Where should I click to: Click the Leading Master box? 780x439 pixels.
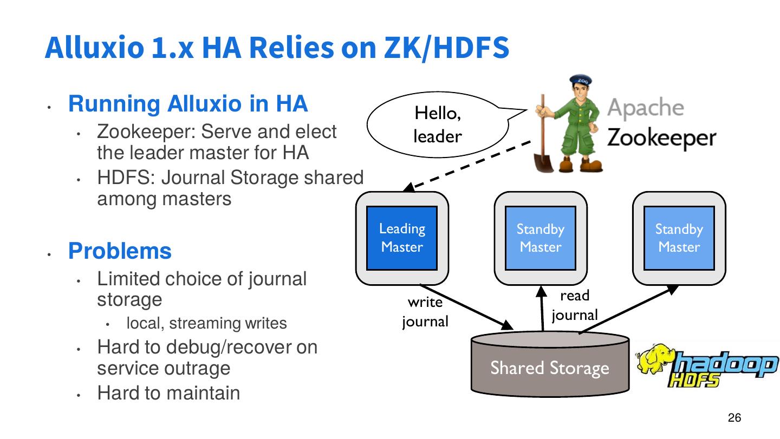pyautogui.click(x=402, y=238)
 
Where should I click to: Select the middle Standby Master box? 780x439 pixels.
pyautogui.click(x=540, y=238)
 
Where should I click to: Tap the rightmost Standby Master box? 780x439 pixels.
pyautogui.click(x=679, y=238)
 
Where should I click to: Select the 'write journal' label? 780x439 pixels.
pyautogui.click(x=425, y=312)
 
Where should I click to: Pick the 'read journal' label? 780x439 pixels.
pyautogui.click(x=575, y=305)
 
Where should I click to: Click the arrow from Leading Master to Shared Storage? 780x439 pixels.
pyautogui.click(x=466, y=306)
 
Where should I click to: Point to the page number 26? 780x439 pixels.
pyautogui.click(x=734, y=418)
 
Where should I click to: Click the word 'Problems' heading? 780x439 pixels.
pyautogui.click(x=120, y=251)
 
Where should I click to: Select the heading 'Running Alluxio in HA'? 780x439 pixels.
pyautogui.click(x=187, y=103)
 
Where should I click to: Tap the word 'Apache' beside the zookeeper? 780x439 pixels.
pyautogui.click(x=645, y=108)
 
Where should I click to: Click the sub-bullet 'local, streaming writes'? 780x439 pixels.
pyautogui.click(x=206, y=324)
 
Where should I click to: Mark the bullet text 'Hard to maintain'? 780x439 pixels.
pyautogui.click(x=168, y=392)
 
